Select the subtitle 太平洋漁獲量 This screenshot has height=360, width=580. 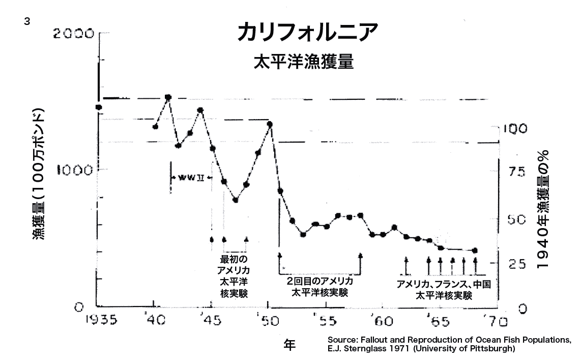pos(303,62)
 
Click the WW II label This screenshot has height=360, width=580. pos(191,178)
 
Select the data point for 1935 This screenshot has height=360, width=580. pos(99,107)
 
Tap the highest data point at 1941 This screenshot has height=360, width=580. pos(168,97)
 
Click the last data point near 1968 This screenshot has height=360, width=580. pos(475,251)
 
